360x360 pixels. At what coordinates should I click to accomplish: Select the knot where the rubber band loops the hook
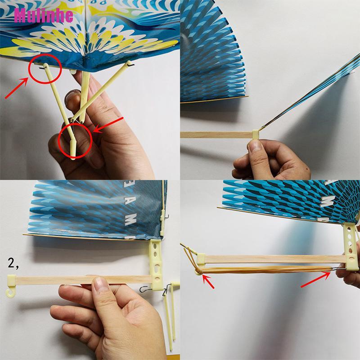[198, 272]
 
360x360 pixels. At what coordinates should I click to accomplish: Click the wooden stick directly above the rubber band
[270, 259]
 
